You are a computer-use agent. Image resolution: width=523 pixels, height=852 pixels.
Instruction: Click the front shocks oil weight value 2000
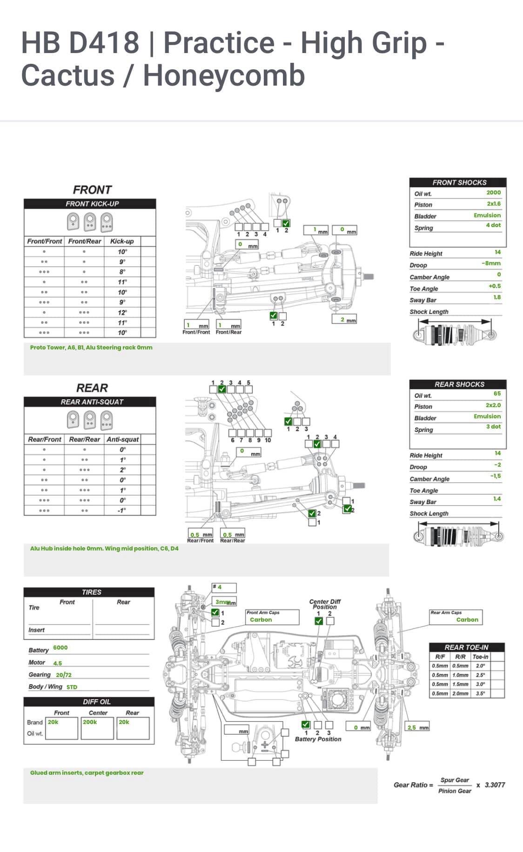(493, 193)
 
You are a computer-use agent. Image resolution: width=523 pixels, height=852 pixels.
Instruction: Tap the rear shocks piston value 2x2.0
(493, 405)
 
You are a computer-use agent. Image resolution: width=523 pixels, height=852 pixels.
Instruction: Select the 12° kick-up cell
(122, 313)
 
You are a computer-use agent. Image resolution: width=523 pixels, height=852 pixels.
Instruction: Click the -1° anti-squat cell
(122, 510)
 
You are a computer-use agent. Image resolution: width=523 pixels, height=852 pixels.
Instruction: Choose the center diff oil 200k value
(90, 722)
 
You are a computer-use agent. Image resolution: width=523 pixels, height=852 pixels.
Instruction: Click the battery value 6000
(60, 648)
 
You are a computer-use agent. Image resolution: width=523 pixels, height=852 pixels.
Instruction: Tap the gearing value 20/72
(64, 675)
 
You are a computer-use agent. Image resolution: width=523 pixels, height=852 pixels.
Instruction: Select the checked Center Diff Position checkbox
(319, 621)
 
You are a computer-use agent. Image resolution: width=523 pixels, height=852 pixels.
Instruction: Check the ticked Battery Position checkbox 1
(306, 725)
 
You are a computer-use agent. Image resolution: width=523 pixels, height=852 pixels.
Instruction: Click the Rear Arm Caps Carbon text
(467, 620)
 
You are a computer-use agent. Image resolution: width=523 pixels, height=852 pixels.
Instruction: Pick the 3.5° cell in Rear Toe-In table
(480, 693)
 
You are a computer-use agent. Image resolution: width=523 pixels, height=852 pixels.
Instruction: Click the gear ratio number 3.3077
(494, 785)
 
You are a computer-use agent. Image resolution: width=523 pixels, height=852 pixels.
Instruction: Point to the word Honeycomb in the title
(223, 75)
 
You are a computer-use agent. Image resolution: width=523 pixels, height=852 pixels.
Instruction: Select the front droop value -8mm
(491, 263)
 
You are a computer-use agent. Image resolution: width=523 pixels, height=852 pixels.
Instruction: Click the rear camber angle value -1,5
(495, 476)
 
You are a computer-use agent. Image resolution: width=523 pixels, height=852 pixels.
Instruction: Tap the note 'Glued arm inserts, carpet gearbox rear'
(87, 773)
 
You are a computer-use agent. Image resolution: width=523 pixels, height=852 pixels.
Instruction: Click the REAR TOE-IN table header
(466, 647)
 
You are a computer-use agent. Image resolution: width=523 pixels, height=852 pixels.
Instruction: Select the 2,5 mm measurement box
(417, 727)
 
